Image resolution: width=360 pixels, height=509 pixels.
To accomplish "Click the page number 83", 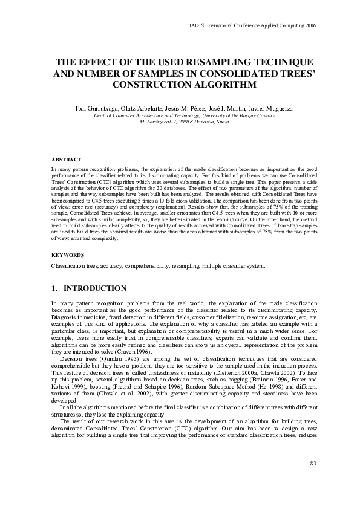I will click(x=313, y=463).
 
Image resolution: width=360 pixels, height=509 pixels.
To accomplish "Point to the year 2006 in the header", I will click(x=309, y=26).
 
